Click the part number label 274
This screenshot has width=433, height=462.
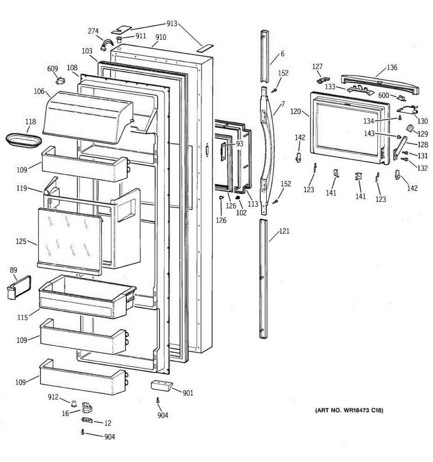tap(93, 31)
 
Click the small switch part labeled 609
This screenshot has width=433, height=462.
tap(60, 80)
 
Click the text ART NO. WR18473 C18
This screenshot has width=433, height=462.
tap(349, 410)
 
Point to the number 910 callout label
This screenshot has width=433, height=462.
tap(160, 37)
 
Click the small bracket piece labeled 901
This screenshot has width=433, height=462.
tap(162, 386)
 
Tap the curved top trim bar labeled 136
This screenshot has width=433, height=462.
tap(380, 83)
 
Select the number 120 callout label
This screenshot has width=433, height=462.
tap(296, 112)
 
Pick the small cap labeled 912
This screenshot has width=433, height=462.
tap(73, 403)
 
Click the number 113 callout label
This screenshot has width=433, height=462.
tap(253, 204)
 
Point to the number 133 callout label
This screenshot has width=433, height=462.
tap(330, 87)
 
